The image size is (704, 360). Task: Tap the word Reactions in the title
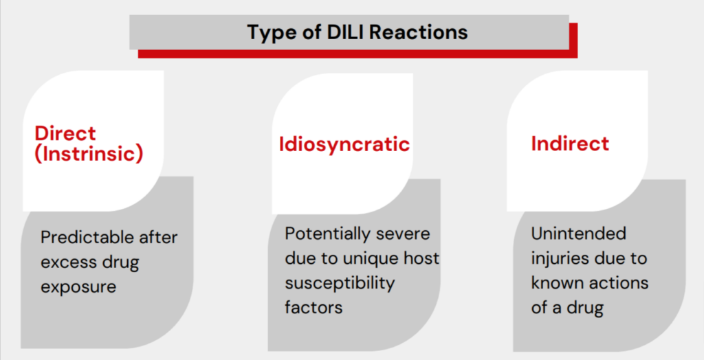419,32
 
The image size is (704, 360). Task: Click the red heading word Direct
65,133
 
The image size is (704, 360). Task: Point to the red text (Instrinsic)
89,154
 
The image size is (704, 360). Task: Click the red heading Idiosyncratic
344,144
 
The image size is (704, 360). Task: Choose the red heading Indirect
570,143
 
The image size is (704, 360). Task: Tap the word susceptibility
340,284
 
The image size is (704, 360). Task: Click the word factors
313,308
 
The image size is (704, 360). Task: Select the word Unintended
578,234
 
